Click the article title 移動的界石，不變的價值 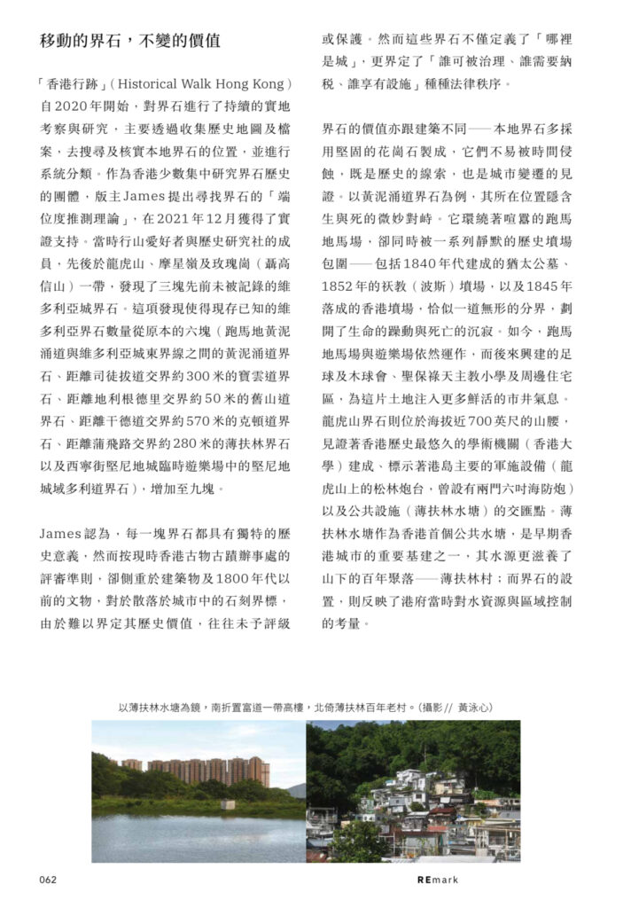point(130,42)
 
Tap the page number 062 point(48,880)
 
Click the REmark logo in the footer point(437,880)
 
